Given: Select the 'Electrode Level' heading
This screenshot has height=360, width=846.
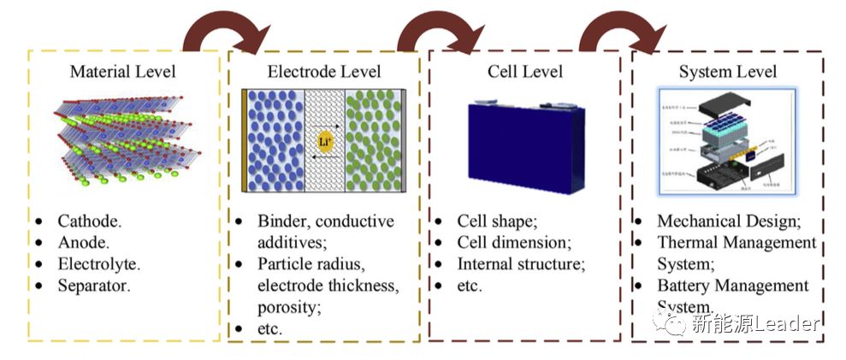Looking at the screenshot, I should (325, 71).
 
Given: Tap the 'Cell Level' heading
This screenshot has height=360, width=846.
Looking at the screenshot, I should (524, 71).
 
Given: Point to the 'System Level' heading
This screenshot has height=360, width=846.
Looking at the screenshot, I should (727, 71).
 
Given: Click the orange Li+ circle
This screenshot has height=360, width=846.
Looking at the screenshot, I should (325, 143).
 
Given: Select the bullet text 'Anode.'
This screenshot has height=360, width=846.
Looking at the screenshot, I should (84, 242).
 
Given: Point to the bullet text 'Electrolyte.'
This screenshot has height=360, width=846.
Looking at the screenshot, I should (98, 263).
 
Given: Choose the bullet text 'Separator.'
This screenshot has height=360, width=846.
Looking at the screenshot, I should (94, 285).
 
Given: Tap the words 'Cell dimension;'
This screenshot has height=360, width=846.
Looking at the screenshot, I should (513, 242).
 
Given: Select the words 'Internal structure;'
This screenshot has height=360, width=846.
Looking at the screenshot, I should (521, 263).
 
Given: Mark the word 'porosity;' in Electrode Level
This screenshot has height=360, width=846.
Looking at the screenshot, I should (288, 306).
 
